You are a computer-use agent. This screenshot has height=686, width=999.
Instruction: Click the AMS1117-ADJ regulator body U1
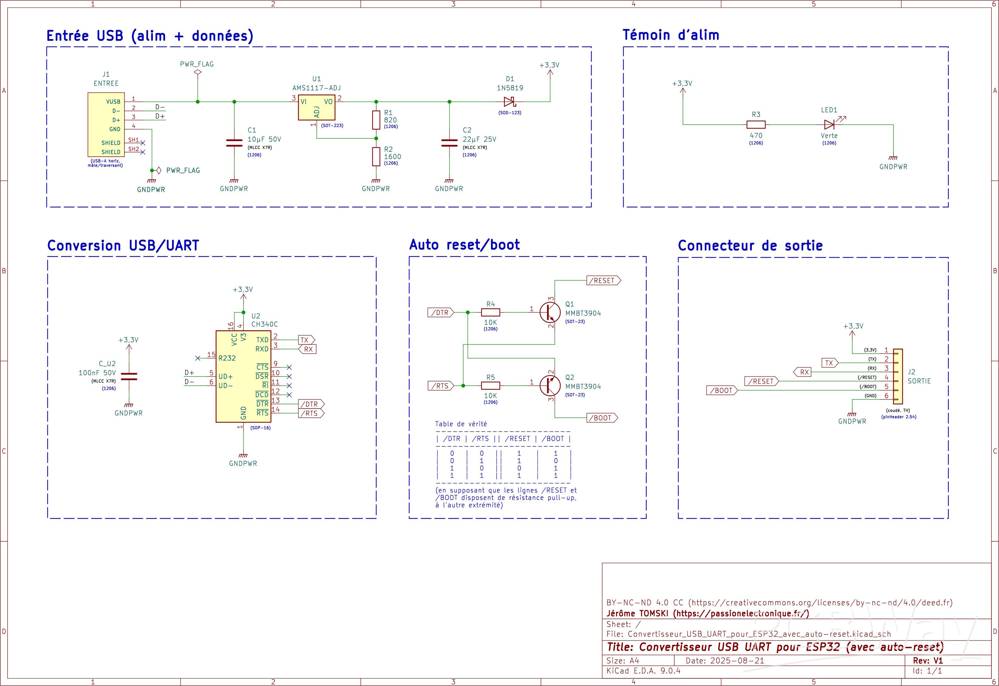click(316, 107)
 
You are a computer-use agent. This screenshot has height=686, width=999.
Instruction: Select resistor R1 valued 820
click(376, 120)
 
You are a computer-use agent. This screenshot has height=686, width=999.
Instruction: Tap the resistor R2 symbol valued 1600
click(376, 157)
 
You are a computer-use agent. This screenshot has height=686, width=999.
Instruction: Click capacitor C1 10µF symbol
click(234, 143)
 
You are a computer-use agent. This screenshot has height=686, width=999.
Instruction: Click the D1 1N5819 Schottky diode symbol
click(509, 102)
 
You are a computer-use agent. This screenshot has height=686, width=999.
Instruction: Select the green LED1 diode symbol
click(829, 125)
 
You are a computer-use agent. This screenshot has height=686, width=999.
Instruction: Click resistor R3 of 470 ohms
click(756, 125)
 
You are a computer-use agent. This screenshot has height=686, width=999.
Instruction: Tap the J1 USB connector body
click(106, 125)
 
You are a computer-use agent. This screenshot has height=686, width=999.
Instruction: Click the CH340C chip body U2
click(243, 376)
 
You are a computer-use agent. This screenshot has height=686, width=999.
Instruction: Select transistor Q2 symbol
click(550, 385)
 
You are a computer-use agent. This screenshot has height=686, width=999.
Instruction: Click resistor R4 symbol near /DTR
click(490, 312)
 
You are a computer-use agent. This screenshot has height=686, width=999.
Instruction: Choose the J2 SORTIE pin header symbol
click(898, 376)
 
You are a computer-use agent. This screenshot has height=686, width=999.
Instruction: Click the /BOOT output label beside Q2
click(602, 418)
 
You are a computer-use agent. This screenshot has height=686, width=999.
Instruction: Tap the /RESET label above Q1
click(603, 281)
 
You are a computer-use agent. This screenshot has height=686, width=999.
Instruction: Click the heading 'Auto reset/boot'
click(464, 245)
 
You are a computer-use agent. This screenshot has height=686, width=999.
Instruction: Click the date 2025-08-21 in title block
click(738, 661)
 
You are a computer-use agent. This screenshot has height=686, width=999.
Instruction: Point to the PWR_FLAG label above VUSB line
click(197, 64)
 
